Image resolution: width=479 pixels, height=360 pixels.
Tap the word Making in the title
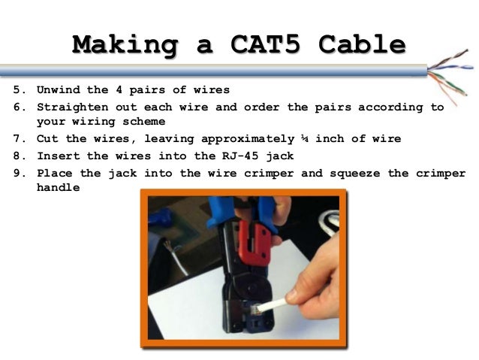point(119,44)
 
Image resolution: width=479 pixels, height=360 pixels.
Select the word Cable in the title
point(361,44)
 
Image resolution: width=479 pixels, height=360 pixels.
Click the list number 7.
point(17,139)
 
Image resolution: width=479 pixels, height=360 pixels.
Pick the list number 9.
point(17,173)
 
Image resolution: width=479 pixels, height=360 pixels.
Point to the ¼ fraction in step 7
point(304,139)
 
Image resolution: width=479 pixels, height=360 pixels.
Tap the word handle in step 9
point(57,188)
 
